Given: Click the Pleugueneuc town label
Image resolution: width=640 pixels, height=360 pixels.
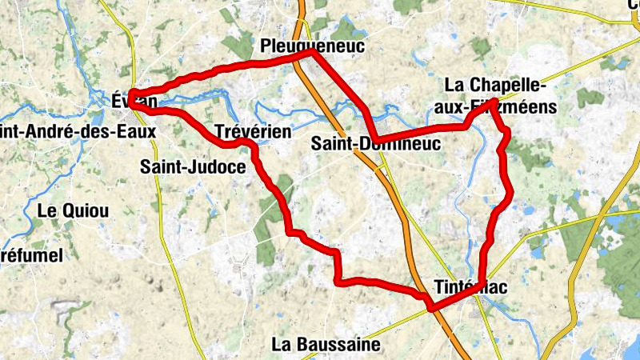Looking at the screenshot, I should coord(312,47).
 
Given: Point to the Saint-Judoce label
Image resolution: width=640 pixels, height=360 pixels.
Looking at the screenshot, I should coord(193,167).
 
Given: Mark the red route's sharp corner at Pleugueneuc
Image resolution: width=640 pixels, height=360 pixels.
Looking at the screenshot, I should coord(312,53).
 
